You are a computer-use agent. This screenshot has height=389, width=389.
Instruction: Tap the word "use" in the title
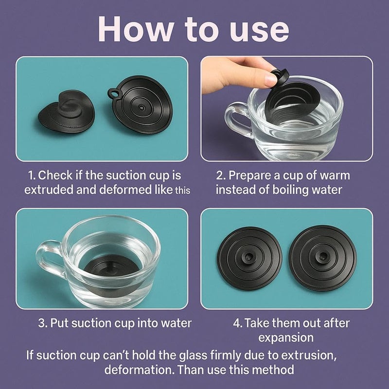(x=259, y=32)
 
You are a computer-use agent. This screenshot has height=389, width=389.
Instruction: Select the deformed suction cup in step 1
(x=67, y=111)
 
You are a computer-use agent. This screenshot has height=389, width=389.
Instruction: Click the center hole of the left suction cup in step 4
(x=249, y=257)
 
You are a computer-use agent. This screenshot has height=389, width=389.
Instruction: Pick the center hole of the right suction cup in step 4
(x=323, y=256)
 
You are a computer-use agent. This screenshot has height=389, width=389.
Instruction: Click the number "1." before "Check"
(x=32, y=176)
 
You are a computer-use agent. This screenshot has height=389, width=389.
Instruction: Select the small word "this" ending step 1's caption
(x=183, y=191)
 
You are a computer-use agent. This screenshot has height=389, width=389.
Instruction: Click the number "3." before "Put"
(x=43, y=323)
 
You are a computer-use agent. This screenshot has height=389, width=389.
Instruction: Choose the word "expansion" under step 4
(x=286, y=338)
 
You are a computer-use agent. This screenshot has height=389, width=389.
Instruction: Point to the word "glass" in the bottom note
(x=193, y=355)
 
